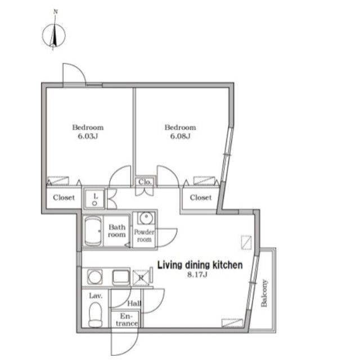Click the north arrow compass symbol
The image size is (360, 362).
[54, 35]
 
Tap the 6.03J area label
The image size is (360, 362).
[88, 136]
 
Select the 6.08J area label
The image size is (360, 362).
[180, 136]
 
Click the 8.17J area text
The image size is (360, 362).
[197, 275]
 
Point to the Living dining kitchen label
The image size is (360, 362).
[200, 265]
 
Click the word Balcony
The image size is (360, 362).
[264, 293]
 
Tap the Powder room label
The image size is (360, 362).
[144, 236]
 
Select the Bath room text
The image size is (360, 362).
[117, 231]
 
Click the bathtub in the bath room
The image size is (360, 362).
[93, 231]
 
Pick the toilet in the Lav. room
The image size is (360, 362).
[96, 315]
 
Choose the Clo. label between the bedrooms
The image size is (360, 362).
[145, 182]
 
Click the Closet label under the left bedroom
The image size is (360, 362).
[64, 198]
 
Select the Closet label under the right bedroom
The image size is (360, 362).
[201, 198]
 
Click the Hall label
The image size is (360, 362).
[134, 304]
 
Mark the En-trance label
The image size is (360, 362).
[127, 320]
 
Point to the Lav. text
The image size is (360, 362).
[96, 296]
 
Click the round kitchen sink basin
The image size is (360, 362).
[95, 277]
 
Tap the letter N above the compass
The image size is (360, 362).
[56, 12]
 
